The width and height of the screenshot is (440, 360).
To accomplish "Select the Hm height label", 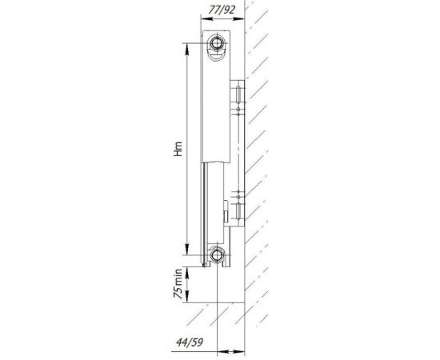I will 177,151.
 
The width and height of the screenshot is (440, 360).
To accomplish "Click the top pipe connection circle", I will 218,42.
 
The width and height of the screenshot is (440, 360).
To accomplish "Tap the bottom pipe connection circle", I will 218,257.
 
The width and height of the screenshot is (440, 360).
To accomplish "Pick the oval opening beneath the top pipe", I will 218,55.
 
